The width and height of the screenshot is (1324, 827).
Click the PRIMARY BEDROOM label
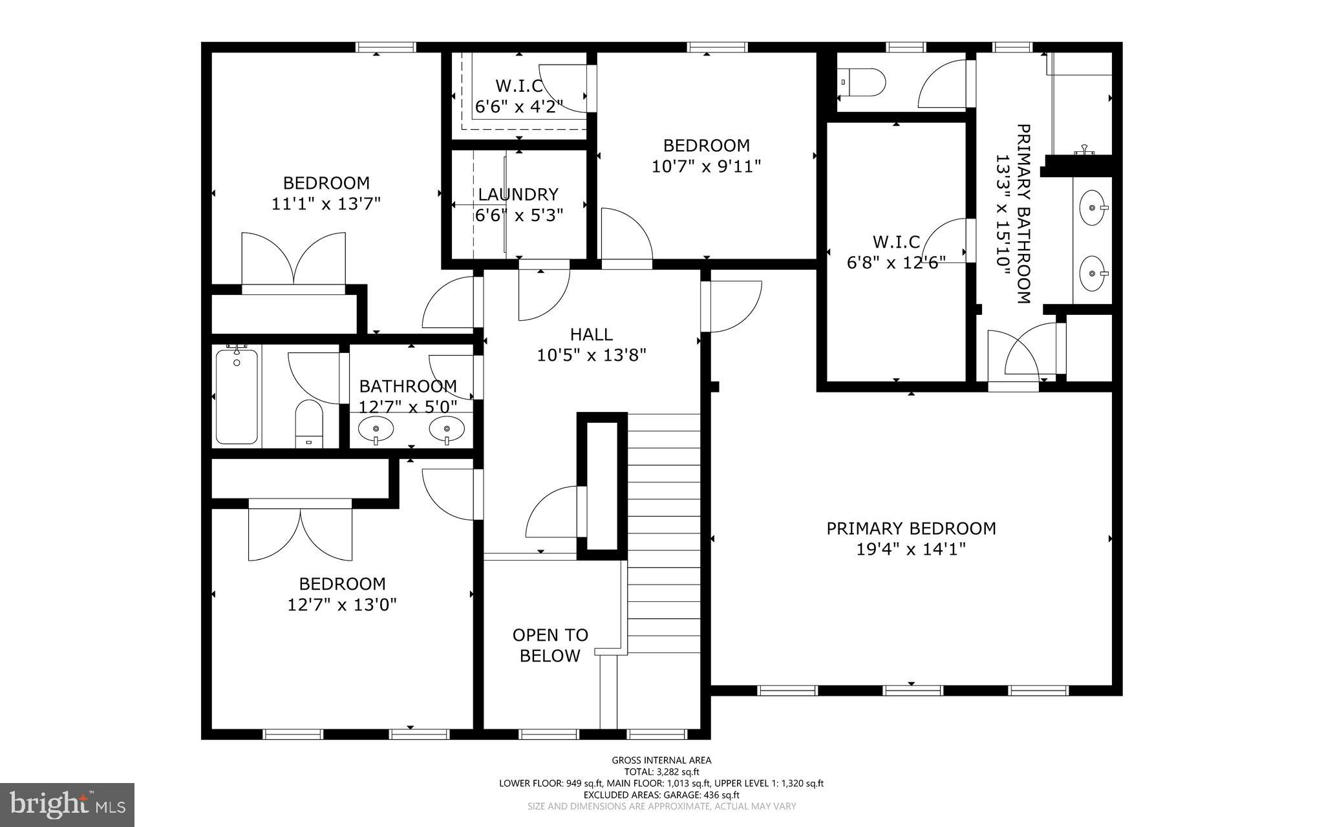coord(911,529)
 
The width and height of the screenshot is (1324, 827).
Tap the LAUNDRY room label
coord(518,195)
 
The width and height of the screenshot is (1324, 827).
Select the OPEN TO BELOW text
coord(550,645)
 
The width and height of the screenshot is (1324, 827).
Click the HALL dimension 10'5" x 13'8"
coord(592,355)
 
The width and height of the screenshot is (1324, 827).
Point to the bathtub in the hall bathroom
coord(237,396)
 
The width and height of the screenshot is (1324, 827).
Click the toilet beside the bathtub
coord(308,423)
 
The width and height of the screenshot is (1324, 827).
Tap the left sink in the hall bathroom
coord(376,428)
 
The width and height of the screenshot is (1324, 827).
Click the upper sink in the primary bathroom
coord(1092,208)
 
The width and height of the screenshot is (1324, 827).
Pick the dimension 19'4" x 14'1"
coord(911,550)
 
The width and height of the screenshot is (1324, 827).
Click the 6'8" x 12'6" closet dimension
coord(896,263)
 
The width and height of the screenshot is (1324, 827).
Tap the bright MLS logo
coord(67,804)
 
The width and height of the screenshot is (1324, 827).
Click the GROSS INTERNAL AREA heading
coord(661,760)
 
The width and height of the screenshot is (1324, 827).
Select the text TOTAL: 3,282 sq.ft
coord(661,771)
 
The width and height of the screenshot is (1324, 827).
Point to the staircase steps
coord(664,530)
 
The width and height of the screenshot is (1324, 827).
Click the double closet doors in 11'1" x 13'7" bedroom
coord(294,262)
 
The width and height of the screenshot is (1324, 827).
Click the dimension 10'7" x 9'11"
coord(706,166)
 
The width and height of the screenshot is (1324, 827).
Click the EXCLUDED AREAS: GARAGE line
coord(661,795)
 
